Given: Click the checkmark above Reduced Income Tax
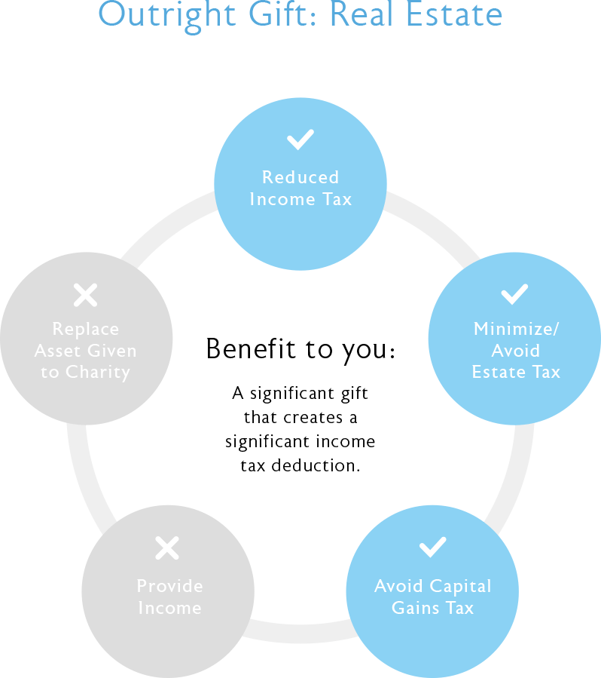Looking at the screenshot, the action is point(300,140).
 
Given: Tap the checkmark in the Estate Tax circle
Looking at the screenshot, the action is point(514,294).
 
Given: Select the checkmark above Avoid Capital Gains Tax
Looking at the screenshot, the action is point(432,547).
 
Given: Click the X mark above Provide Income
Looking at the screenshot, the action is point(167,548).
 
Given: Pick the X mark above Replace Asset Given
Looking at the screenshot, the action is point(86,295).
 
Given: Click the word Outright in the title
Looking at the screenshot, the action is point(167,16).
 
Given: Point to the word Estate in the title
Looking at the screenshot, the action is point(454,14).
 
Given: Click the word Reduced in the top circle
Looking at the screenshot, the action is point(300,177).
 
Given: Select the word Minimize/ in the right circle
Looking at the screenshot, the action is point(517,329).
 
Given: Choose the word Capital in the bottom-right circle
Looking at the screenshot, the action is point(460,587).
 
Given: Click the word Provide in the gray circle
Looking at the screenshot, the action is point(169,586).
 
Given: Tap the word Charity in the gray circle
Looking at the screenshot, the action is point(98,373).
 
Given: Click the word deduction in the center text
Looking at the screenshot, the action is point(316,465).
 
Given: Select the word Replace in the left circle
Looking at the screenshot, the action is point(86,330).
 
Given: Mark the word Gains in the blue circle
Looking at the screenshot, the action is point(415,608).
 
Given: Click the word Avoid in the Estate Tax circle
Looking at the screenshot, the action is point(515,351).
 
